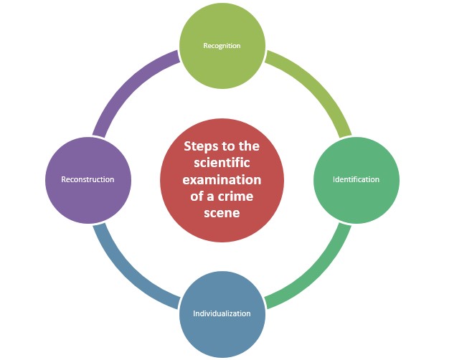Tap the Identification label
coord(356,179)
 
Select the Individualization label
coord(222,313)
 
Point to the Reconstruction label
coord(88,179)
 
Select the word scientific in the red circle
coord(222,163)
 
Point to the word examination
coord(222,179)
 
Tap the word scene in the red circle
coord(222,212)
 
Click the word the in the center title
coord(250,146)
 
